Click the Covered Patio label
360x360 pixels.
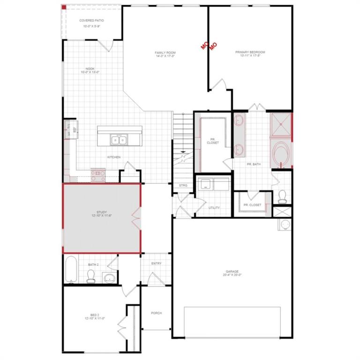91,21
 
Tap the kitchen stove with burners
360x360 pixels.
98,175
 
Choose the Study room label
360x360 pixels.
101,215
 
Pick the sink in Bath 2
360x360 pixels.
109,278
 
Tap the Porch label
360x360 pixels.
156,313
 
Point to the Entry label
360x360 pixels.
156,263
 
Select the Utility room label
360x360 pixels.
214,208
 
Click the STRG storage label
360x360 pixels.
183,186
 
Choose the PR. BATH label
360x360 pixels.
254,164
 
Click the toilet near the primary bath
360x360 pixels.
282,196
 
